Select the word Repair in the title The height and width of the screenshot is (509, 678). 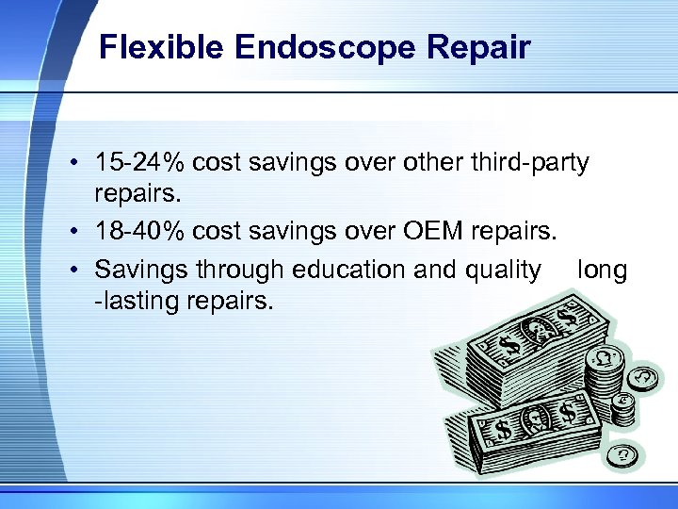tap(484, 47)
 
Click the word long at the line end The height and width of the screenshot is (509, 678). tap(603, 270)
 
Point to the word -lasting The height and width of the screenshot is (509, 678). tap(136, 303)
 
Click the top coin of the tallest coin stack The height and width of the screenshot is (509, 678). tap(603, 357)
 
